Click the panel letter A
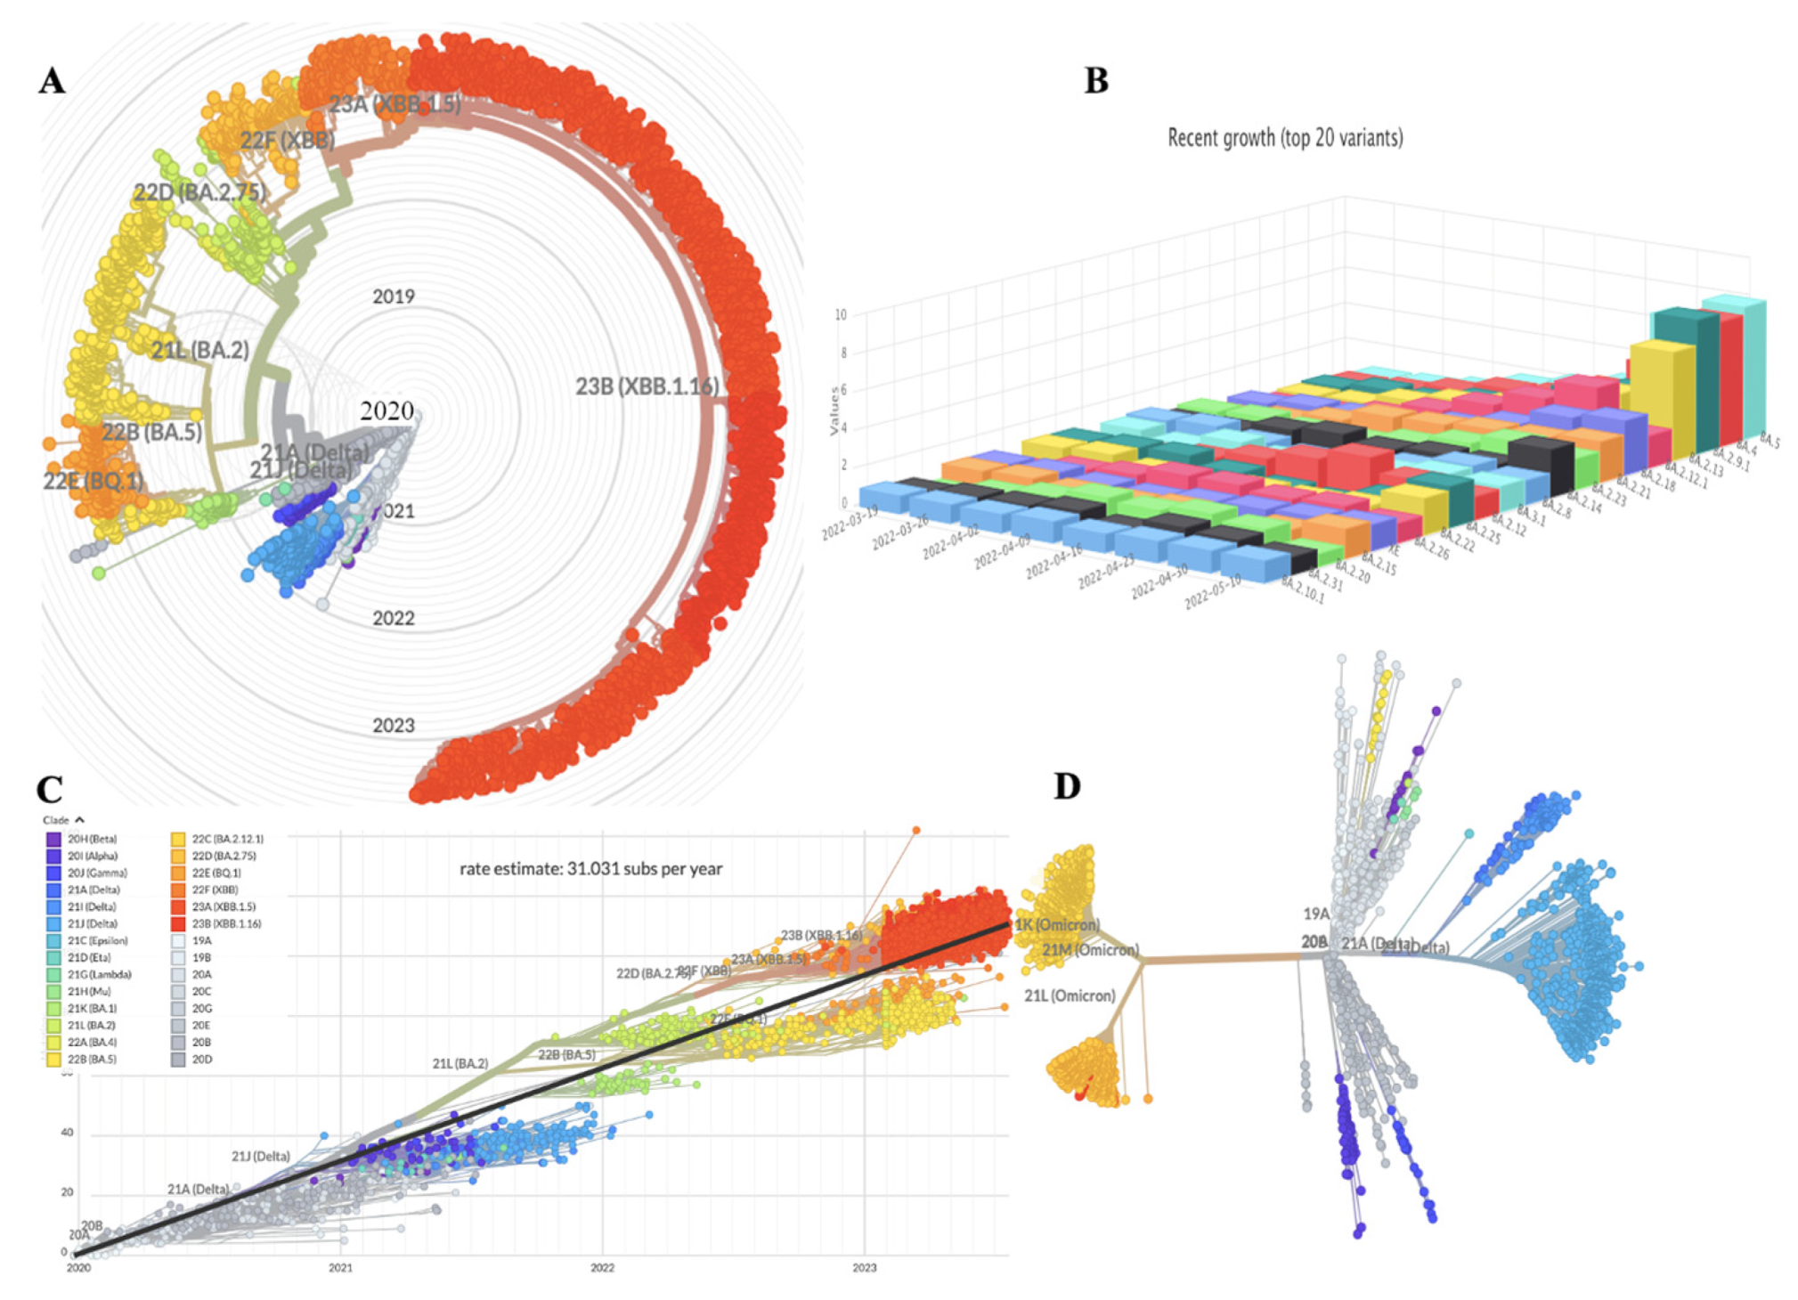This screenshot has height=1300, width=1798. click(52, 81)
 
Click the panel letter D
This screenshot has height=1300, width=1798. click(1067, 786)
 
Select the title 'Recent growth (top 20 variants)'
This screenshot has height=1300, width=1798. click(1284, 138)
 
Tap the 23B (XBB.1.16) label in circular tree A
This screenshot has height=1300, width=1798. click(647, 386)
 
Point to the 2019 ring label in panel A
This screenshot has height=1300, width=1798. click(393, 297)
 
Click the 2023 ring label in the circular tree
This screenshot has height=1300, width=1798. click(393, 726)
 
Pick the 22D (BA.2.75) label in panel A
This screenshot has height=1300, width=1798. click(199, 192)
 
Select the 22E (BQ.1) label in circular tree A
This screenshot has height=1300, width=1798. click(93, 482)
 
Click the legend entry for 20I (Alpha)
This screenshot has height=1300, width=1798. click(92, 856)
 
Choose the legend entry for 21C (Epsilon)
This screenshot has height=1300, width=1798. click(96, 940)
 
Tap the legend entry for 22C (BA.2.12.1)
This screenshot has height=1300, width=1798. click(227, 839)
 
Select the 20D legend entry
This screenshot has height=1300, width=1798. click(201, 1060)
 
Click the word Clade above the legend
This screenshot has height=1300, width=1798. click(55, 820)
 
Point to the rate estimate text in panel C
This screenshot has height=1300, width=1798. click(590, 868)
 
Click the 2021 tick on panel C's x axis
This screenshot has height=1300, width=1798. click(340, 1268)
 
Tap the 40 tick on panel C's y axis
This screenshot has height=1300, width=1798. click(67, 1133)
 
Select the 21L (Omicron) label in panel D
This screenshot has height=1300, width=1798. click(1069, 995)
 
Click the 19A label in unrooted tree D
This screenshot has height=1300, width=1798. click(1316, 914)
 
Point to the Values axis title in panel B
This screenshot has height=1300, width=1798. click(834, 410)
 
